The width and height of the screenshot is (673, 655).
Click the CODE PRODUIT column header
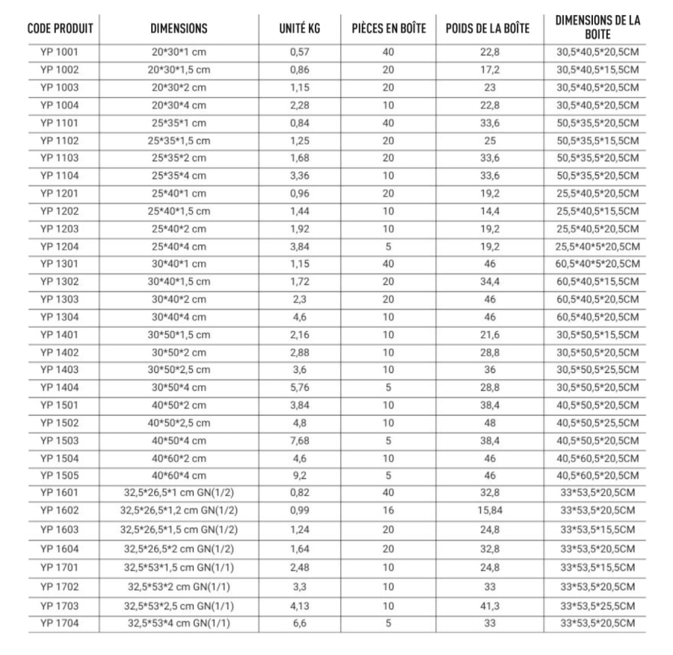click(60, 29)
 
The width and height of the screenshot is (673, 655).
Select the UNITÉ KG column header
click(295, 29)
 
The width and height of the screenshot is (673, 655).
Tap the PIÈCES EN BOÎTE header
click(389, 29)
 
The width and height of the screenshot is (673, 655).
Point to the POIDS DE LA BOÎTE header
click(488, 29)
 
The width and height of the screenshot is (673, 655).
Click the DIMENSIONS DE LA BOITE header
click(597, 28)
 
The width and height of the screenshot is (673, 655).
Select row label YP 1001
click(60, 54)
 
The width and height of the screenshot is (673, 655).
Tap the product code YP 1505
click(60, 476)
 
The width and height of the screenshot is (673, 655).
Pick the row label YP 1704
click(60, 623)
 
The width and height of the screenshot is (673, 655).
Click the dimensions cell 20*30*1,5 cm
click(179, 71)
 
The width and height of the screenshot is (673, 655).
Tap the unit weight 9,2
click(299, 476)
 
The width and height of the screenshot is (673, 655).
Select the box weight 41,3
click(488, 605)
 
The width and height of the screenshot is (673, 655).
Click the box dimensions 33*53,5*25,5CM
click(597, 605)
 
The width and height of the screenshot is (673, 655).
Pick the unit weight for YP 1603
click(299, 529)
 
